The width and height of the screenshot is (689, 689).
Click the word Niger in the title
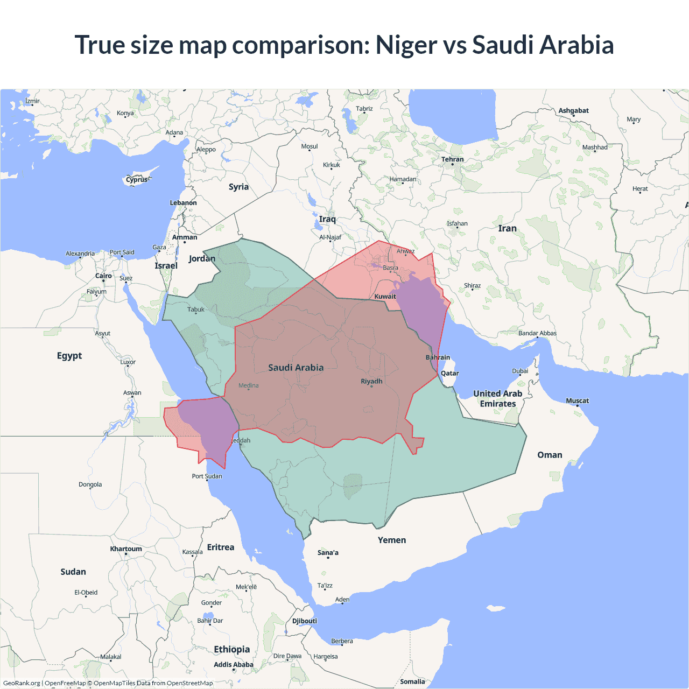tap(406, 45)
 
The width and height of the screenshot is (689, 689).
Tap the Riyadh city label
tap(371, 381)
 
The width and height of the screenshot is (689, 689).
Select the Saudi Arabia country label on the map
tap(296, 368)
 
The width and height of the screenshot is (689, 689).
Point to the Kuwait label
tap(385, 296)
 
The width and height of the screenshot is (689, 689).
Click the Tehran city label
tap(452, 159)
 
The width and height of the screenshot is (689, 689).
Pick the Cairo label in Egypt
tap(103, 276)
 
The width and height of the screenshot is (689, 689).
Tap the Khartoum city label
tap(126, 549)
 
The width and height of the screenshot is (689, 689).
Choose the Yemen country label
tap(392, 540)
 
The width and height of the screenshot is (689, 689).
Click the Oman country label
tap(550, 455)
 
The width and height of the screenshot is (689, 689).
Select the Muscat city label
tap(577, 400)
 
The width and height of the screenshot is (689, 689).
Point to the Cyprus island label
tap(137, 180)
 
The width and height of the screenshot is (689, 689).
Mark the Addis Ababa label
tap(233, 664)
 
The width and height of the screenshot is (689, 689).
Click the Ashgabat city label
tap(573, 110)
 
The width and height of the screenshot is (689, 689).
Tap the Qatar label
tap(450, 373)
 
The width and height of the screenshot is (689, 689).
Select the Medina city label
tap(248, 385)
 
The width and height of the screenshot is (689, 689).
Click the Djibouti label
tap(305, 621)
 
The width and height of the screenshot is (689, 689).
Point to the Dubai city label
tap(520, 371)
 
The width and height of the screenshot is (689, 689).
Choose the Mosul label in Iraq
tap(310, 146)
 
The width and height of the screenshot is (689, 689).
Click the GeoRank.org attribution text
tap(22, 683)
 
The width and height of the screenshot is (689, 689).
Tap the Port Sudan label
tap(207, 476)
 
